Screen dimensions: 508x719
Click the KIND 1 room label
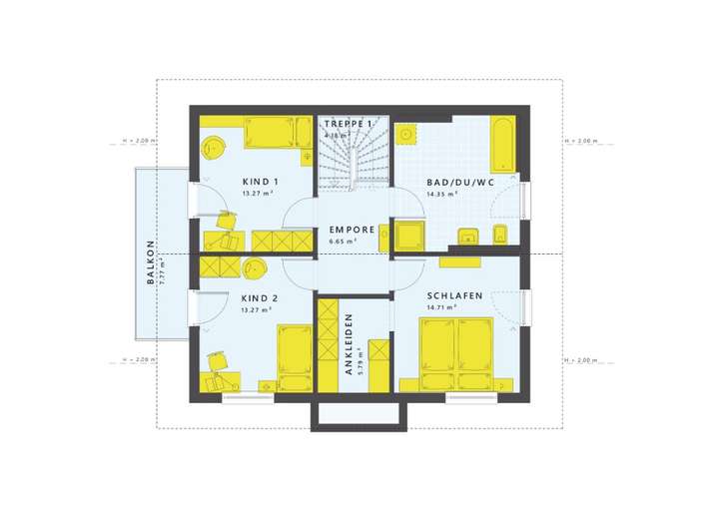(260, 182)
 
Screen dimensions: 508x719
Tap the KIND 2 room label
(260, 297)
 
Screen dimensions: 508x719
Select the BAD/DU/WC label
(460, 182)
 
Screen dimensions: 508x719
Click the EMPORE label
(352, 230)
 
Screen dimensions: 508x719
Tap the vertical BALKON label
(151, 261)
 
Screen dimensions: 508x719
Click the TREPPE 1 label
(348, 124)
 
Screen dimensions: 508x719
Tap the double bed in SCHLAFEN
(456, 355)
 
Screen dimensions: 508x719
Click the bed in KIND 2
(294, 357)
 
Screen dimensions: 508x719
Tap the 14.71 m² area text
(440, 308)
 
